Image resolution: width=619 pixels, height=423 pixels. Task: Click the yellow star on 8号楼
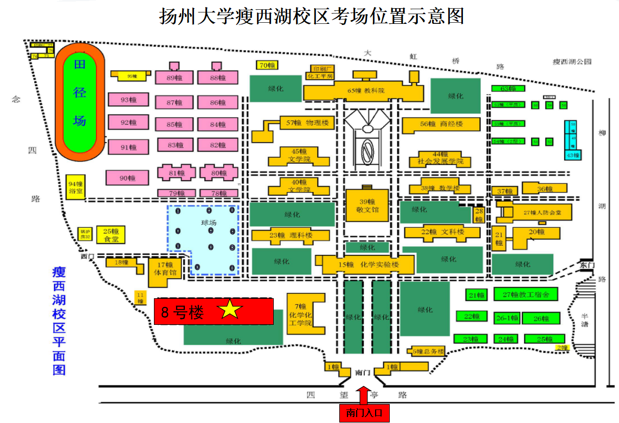(x=230, y=310)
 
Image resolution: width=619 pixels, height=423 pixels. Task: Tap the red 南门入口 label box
(x=364, y=413)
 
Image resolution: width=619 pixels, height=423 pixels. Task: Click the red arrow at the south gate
(x=364, y=394)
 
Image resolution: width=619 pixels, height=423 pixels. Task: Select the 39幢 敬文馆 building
(x=367, y=206)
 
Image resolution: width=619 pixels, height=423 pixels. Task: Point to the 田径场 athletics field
(x=80, y=101)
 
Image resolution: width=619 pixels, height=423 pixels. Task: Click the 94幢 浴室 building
(x=75, y=187)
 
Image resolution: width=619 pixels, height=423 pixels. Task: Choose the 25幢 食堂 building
(x=111, y=234)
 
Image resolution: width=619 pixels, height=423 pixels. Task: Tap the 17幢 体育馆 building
(x=165, y=269)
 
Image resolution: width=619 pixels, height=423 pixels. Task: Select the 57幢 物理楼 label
(x=306, y=123)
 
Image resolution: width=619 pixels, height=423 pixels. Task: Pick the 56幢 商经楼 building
(x=441, y=124)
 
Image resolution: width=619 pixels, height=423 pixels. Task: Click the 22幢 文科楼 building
(x=442, y=233)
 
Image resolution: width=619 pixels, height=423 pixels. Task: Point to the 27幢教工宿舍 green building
(x=526, y=294)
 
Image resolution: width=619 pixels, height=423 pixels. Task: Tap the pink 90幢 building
(x=127, y=178)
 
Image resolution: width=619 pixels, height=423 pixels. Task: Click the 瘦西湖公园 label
(x=571, y=62)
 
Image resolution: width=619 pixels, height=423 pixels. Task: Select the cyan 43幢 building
(x=572, y=155)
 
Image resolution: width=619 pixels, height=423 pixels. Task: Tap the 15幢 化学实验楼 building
(x=369, y=265)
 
